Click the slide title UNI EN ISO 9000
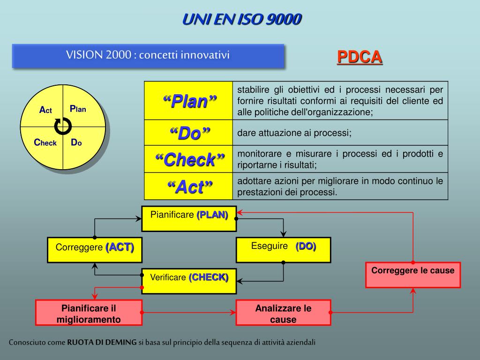click(242, 19)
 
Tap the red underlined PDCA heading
click(360, 57)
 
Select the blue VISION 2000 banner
click(148, 56)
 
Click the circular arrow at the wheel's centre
click(63, 126)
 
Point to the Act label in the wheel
click(45, 110)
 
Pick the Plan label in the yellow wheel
click(78, 109)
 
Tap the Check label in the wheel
click(45, 142)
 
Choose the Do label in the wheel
click(76, 142)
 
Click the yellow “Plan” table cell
click(189, 100)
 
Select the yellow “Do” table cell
click(189, 133)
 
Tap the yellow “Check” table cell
click(189, 160)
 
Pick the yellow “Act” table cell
click(189, 187)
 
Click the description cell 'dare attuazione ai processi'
click(340, 133)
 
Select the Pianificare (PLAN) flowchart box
click(189, 218)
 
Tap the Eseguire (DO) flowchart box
click(283, 249)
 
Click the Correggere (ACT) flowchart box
click(94, 249)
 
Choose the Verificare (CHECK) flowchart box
click(189, 280)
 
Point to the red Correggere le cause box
click(413, 275)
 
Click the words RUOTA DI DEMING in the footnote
click(102, 342)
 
